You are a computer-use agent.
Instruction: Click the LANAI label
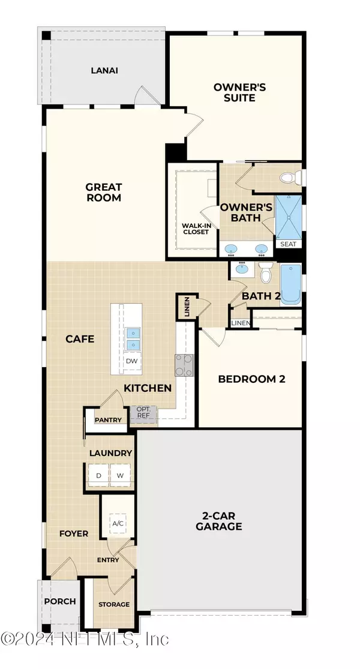tap(104, 70)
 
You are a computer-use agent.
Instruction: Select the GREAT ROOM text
tap(103, 192)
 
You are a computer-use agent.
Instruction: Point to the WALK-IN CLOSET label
tap(196, 229)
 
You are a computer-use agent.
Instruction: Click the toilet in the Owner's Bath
tap(290, 178)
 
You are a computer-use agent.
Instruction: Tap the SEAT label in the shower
tap(289, 244)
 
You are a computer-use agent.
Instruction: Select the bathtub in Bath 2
tap(292, 283)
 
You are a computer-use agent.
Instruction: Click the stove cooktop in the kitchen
tap(184, 365)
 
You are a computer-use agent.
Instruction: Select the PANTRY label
tap(108, 420)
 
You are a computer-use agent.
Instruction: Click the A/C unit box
tap(118, 524)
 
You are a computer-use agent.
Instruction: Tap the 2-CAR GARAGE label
tap(218, 521)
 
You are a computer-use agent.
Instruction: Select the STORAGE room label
tap(114, 604)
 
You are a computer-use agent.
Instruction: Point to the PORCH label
tap(60, 601)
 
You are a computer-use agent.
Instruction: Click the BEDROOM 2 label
tap(251, 379)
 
